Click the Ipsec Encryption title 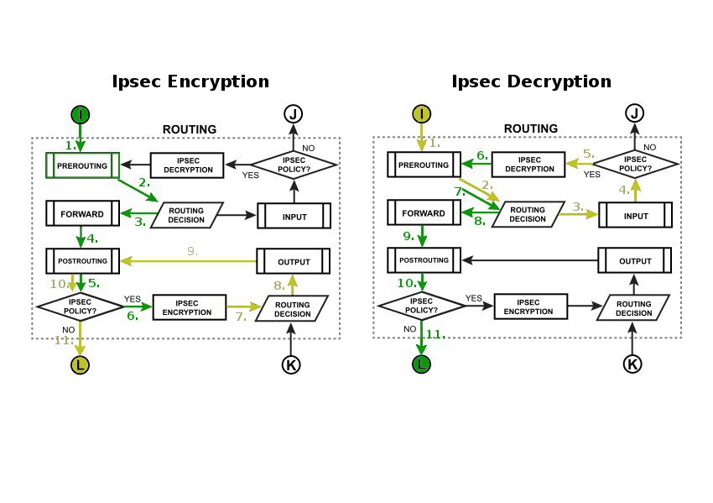click(190, 81)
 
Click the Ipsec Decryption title click(531, 81)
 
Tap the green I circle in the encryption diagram click(81, 114)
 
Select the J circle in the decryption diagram click(634, 114)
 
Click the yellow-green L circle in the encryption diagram click(81, 364)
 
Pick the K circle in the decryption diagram click(634, 364)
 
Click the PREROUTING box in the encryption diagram click(81, 165)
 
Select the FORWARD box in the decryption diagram click(424, 213)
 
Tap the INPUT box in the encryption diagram click(293, 216)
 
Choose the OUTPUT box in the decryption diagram click(635, 261)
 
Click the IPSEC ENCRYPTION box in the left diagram click(189, 307)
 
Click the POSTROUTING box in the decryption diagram click(424, 260)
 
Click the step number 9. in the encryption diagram click(192, 250)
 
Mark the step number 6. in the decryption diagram click(482, 155)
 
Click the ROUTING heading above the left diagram click(189, 129)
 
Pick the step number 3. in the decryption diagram click(578, 206)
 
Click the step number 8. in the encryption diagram click(279, 286)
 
